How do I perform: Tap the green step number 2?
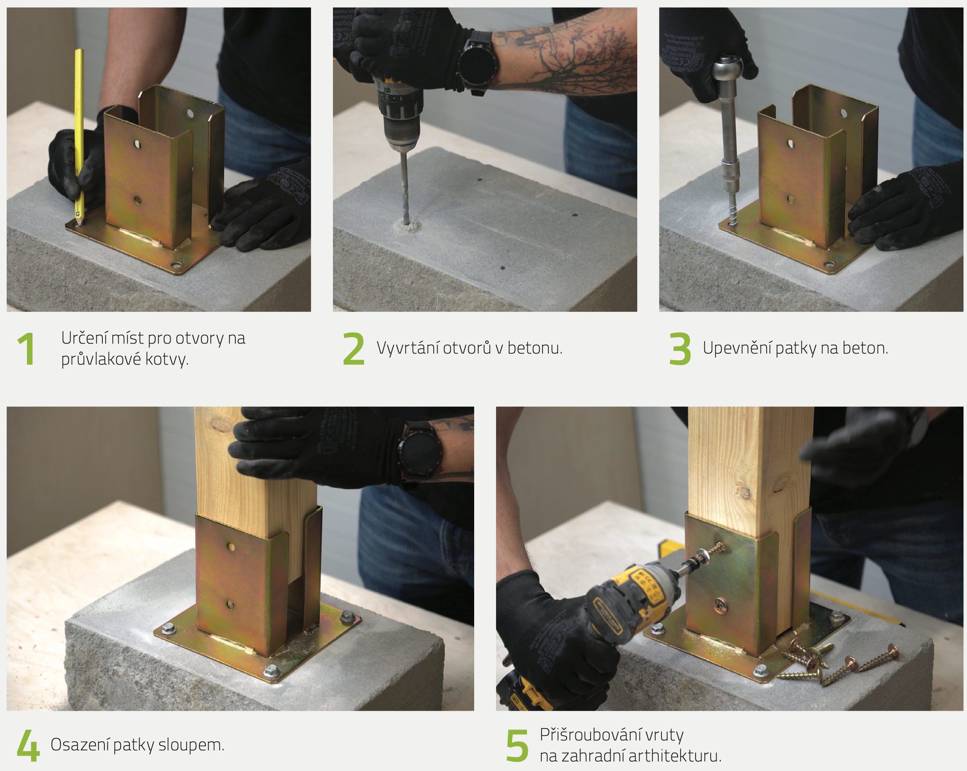point(354,348)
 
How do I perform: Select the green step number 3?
point(680,348)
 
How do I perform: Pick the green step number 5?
point(517,746)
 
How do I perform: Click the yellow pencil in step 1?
point(79,137)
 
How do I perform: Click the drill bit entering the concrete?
point(405,188)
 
